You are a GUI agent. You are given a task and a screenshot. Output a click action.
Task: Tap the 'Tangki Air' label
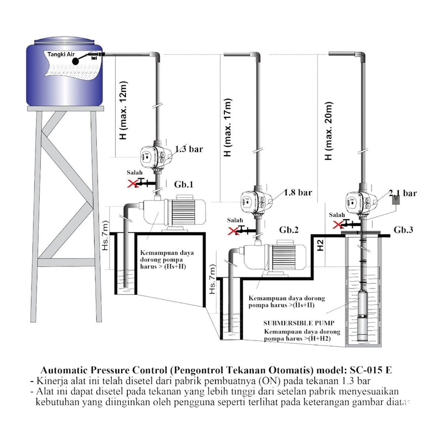(x=61, y=54)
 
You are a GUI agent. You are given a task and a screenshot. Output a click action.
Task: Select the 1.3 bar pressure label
(x=188, y=150)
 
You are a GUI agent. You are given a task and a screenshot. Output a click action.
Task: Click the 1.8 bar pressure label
(x=297, y=193)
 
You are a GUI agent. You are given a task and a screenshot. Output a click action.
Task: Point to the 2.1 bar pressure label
(x=403, y=193)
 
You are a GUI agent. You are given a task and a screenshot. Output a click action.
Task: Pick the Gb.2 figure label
(x=289, y=229)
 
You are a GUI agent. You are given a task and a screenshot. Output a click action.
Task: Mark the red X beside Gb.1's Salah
(x=132, y=182)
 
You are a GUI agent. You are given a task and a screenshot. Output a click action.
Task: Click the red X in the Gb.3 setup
(x=337, y=224)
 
